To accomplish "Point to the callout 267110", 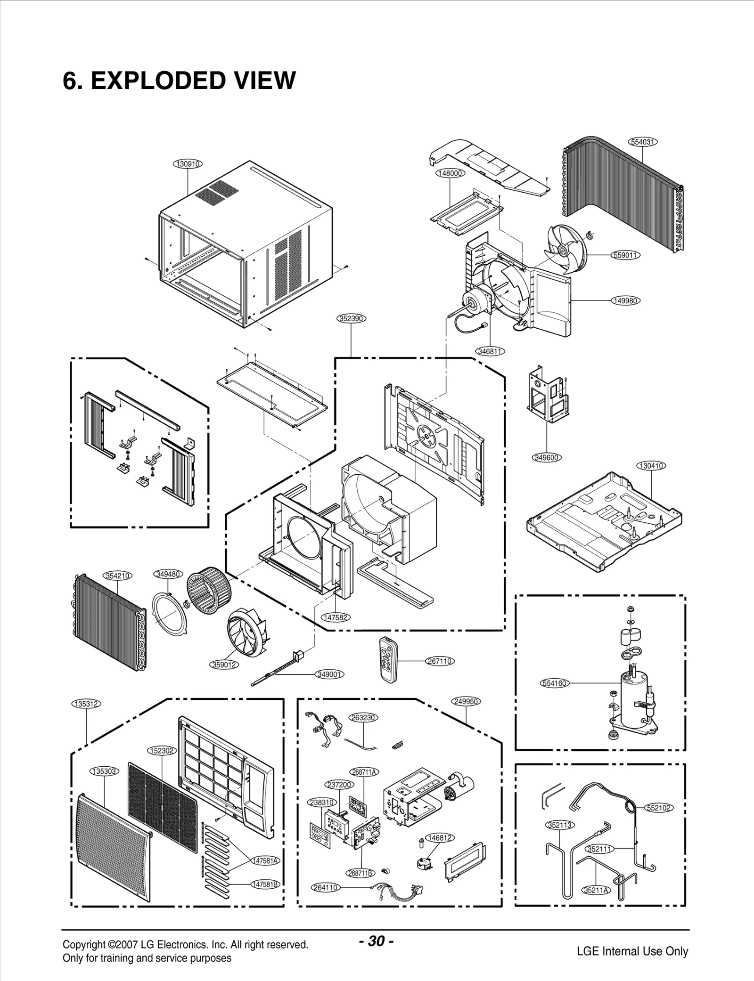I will pyautogui.click(x=440, y=661).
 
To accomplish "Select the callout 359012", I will pyautogui.click(x=224, y=665).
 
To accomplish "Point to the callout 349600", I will pyautogui.click(x=547, y=457).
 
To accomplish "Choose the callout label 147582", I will pyautogui.click(x=336, y=617).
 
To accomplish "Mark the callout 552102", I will pyautogui.click(x=659, y=808).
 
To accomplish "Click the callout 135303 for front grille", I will pyautogui.click(x=104, y=771).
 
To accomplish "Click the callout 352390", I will pyautogui.click(x=352, y=318).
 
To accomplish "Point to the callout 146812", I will pyautogui.click(x=439, y=838).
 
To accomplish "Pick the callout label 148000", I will pyautogui.click(x=450, y=173).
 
